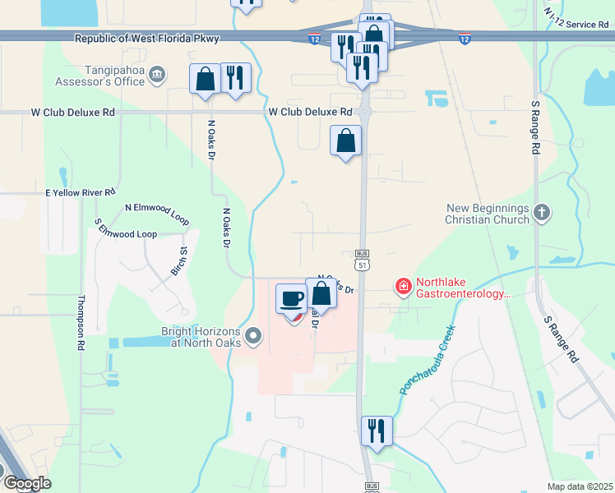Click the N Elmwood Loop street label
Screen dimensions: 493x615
(156, 214)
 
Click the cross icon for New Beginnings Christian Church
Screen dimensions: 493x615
(541, 213)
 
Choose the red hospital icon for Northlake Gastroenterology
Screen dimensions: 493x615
(403, 286)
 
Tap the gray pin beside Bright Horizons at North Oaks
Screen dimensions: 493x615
(252, 335)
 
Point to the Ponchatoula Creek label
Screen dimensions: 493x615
(428, 359)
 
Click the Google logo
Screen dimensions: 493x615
(26, 483)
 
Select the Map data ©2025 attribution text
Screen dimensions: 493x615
(579, 486)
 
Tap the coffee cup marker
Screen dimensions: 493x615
(290, 297)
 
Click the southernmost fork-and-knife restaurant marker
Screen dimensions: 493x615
(377, 430)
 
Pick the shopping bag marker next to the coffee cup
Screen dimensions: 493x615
(321, 293)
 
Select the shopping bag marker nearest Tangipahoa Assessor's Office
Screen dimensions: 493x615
(205, 79)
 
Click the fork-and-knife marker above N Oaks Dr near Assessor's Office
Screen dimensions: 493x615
(236, 78)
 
